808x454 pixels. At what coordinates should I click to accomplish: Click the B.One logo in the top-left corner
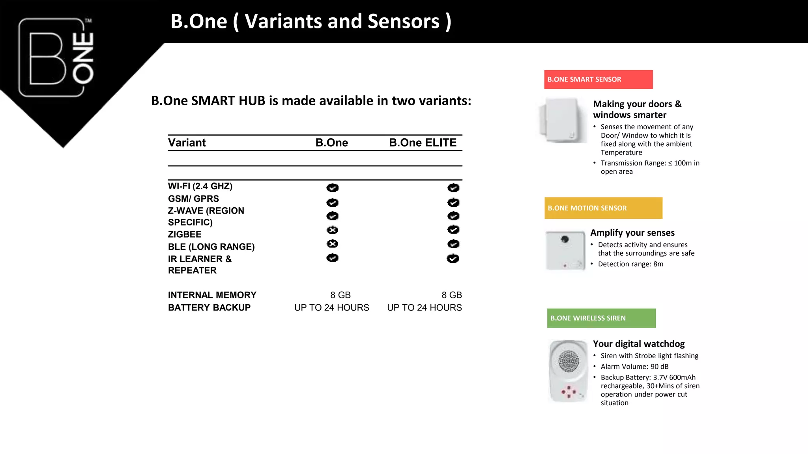tap(56, 58)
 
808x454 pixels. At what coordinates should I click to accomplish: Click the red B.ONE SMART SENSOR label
tap(598, 79)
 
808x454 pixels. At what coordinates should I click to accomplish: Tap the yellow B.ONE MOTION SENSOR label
tap(603, 208)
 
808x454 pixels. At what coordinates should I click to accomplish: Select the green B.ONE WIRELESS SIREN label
tap(601, 318)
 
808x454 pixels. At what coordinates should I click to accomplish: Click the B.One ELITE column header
tap(423, 143)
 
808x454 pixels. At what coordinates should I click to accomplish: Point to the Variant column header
tap(187, 143)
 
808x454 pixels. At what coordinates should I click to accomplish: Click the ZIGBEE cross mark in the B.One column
tap(332, 230)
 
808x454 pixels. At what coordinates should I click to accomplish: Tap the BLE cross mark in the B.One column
tap(332, 244)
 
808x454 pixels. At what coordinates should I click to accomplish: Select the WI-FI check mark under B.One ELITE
tap(453, 188)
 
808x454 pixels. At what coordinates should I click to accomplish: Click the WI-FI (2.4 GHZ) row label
tap(200, 186)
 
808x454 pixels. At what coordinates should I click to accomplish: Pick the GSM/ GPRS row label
tap(193, 199)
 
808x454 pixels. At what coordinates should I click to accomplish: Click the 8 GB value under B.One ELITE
tap(451, 295)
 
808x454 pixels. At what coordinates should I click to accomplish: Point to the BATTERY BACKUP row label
tap(209, 308)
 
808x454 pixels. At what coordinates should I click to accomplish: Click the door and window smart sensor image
tap(562, 120)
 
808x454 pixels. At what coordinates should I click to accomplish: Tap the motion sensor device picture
tap(565, 251)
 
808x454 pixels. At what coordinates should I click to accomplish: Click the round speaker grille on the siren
tap(569, 361)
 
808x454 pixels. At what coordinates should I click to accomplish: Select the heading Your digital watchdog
tap(638, 344)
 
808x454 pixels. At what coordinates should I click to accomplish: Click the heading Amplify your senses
tap(632, 233)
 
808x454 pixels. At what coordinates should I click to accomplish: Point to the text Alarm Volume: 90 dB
tap(634, 367)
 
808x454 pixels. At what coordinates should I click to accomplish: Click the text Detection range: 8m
tap(630, 264)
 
